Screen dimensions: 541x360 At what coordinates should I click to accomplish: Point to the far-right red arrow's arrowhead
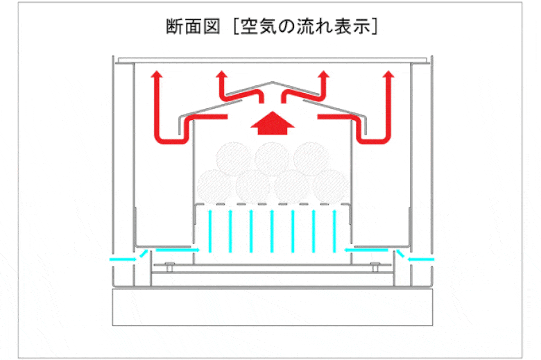388,75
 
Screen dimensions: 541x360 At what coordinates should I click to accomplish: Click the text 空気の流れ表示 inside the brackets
307,27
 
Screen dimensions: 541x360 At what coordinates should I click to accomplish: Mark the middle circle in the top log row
272,158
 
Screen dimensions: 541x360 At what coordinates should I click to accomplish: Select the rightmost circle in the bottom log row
329,186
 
